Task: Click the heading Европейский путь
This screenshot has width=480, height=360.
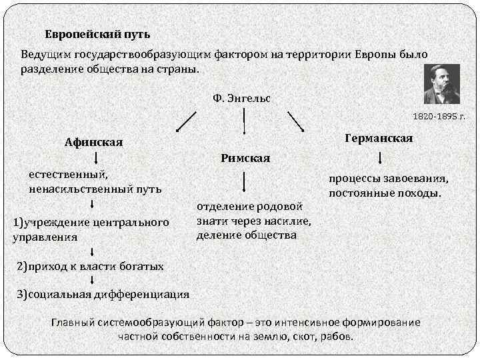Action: (x=97, y=33)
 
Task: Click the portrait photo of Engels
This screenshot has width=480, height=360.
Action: (x=441, y=83)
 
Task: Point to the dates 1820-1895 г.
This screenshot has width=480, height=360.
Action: (x=439, y=116)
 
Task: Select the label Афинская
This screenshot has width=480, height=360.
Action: (x=93, y=142)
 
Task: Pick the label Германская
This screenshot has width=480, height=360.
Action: (x=379, y=138)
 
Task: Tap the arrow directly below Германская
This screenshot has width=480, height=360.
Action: (x=380, y=158)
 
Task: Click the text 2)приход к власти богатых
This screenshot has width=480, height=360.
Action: (x=89, y=267)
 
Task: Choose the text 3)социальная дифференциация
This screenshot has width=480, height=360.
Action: (x=103, y=294)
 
